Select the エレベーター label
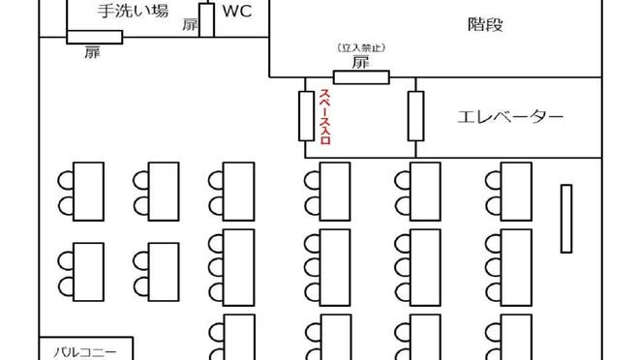tap(510, 117)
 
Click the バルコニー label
tap(85, 351)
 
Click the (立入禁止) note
tap(360, 47)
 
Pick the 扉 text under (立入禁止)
tap(360, 62)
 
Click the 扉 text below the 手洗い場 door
tap(92, 52)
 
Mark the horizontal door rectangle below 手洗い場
tap(94, 37)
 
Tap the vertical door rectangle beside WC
tap(206, 18)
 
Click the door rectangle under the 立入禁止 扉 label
tap(361, 77)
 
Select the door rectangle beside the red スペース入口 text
tap(306, 116)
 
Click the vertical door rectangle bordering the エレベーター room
tap(416, 116)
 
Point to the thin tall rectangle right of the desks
tap(566, 219)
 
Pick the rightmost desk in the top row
tap(515, 192)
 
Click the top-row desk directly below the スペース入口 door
tap(334, 192)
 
